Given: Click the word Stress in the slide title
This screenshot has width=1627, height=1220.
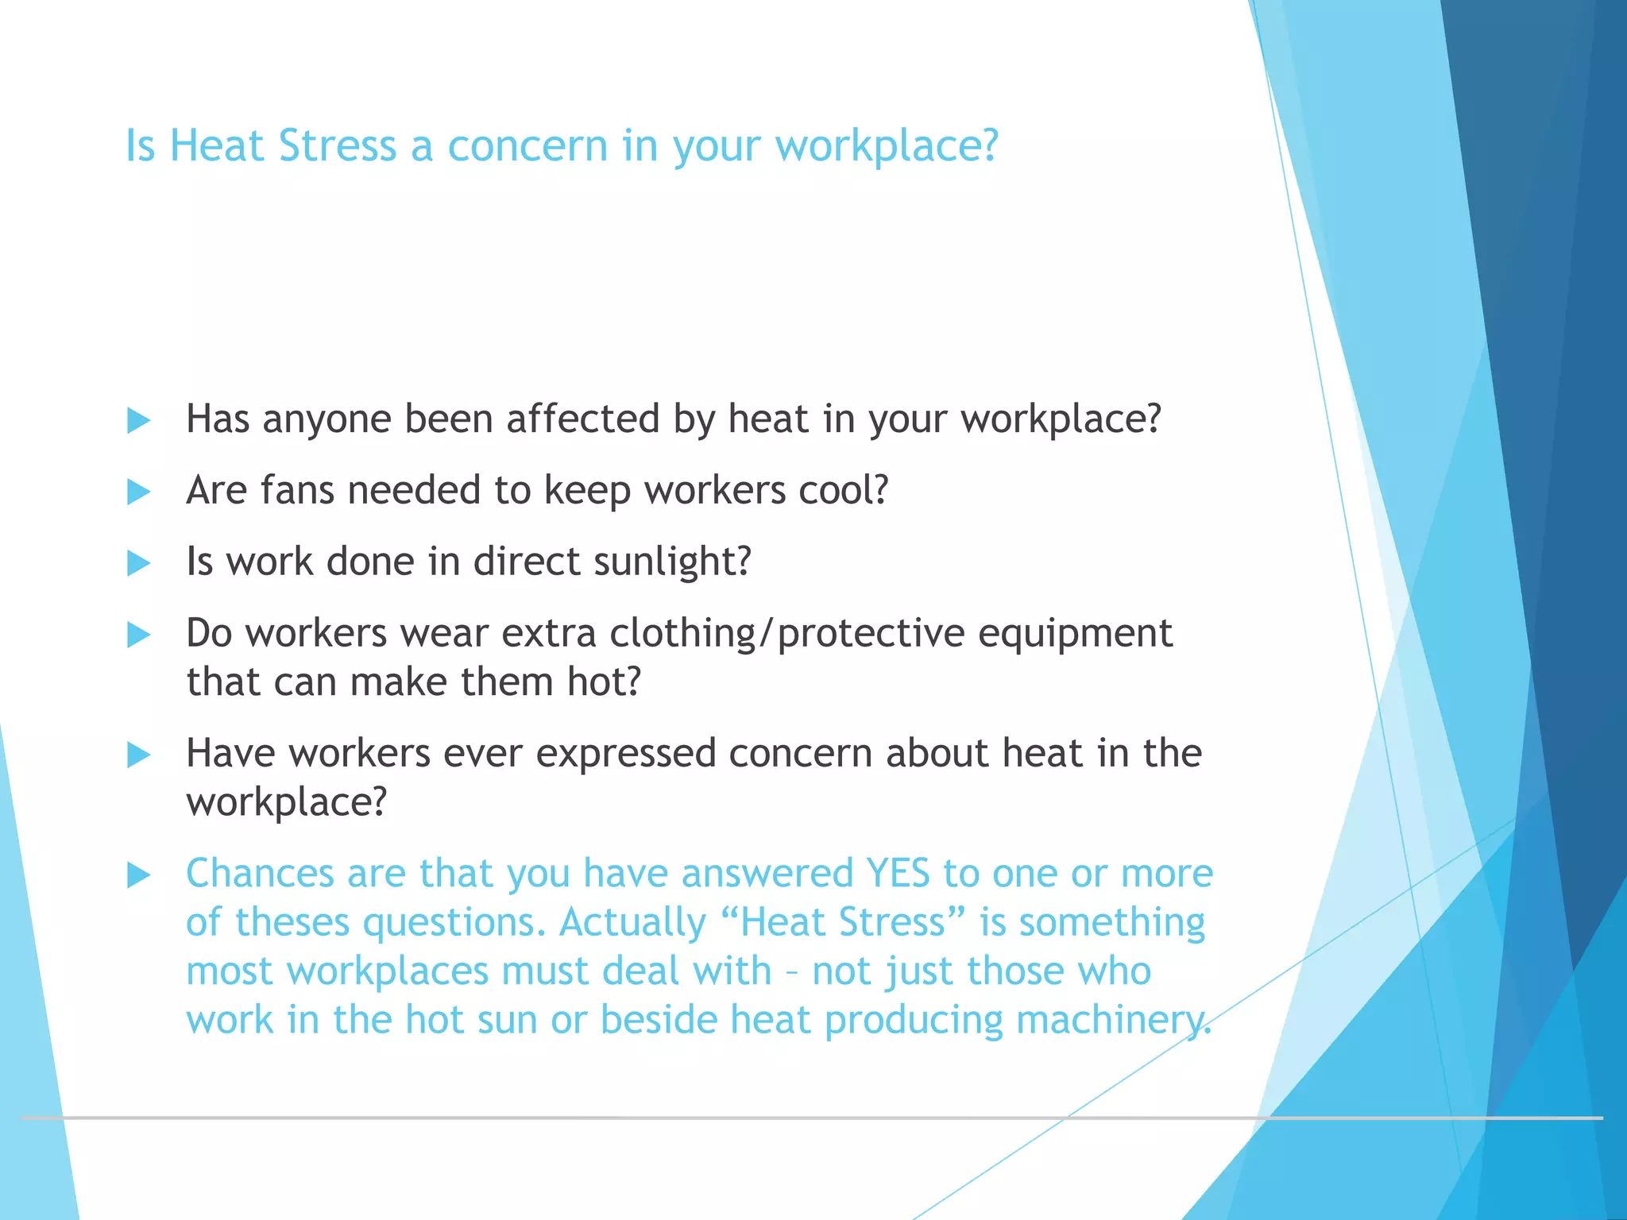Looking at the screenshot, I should (x=338, y=146).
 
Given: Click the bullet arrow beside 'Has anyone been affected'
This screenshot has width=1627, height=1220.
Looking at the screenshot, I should (x=138, y=420).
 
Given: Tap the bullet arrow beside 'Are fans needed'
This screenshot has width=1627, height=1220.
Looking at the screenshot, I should (x=138, y=492).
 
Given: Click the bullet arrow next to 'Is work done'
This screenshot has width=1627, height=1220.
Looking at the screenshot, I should (x=138, y=563).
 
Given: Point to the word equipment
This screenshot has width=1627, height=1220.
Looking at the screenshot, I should (x=1075, y=634).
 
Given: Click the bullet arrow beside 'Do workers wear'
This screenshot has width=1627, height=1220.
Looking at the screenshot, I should (x=138, y=635).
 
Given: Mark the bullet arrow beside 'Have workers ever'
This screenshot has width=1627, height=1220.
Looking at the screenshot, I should (x=138, y=755).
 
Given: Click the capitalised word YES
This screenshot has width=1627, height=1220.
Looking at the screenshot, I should (x=898, y=873).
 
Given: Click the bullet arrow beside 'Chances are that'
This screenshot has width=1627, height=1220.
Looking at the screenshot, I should (x=138, y=875).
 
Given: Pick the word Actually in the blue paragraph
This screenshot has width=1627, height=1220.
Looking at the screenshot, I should (x=632, y=922).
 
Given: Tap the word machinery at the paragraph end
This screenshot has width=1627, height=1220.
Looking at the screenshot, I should (x=1112, y=1020).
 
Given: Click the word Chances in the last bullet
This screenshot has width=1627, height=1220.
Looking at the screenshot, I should (x=260, y=873).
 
